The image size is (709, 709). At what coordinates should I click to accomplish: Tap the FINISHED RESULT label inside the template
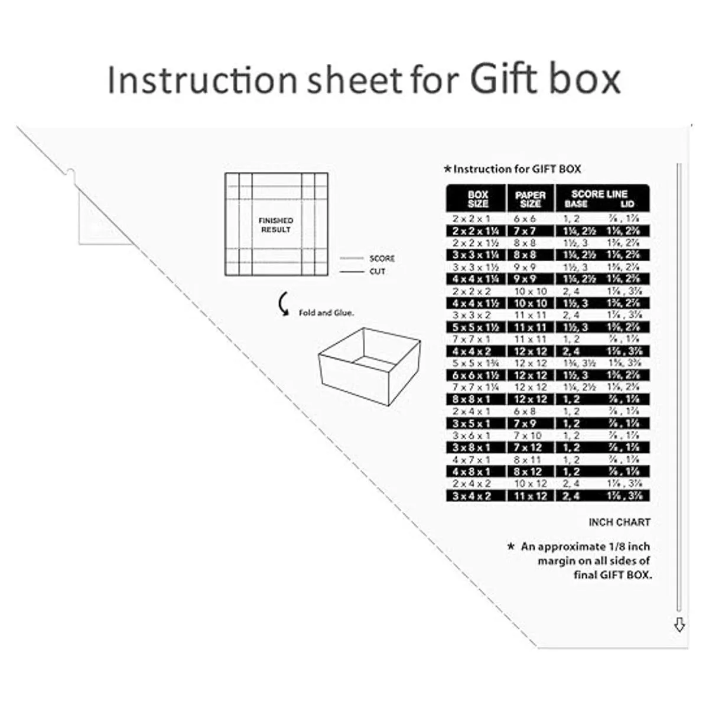(275, 225)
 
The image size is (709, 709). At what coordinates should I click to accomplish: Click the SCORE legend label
(382, 259)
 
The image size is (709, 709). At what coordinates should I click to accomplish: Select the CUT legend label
(378, 272)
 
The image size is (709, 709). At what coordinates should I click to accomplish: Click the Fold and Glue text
(326, 313)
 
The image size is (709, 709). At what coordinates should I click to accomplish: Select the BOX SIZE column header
(477, 199)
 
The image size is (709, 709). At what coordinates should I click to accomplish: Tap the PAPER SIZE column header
(531, 199)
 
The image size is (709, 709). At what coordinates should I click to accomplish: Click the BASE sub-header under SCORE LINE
(575, 204)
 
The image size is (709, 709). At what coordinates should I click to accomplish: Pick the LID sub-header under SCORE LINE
(627, 204)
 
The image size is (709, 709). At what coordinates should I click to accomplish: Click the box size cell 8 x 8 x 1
(471, 399)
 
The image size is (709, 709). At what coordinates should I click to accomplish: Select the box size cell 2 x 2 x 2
(471, 291)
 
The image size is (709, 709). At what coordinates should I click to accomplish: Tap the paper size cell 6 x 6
(525, 219)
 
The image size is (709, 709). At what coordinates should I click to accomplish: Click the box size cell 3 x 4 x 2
(471, 496)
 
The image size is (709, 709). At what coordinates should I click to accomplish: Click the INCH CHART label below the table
(619, 522)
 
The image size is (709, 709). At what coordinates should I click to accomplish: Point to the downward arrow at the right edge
(679, 625)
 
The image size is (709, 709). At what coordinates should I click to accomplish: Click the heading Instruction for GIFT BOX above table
(516, 170)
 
